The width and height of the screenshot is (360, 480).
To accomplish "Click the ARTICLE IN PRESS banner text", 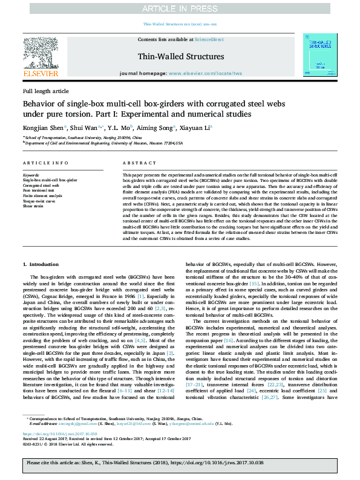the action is coord(180,8).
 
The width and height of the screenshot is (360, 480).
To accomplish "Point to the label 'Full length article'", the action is coord(46,91).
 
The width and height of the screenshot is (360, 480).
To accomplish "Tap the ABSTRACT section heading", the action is coord(136,164).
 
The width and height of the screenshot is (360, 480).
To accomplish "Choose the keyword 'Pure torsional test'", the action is coord(38,190).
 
